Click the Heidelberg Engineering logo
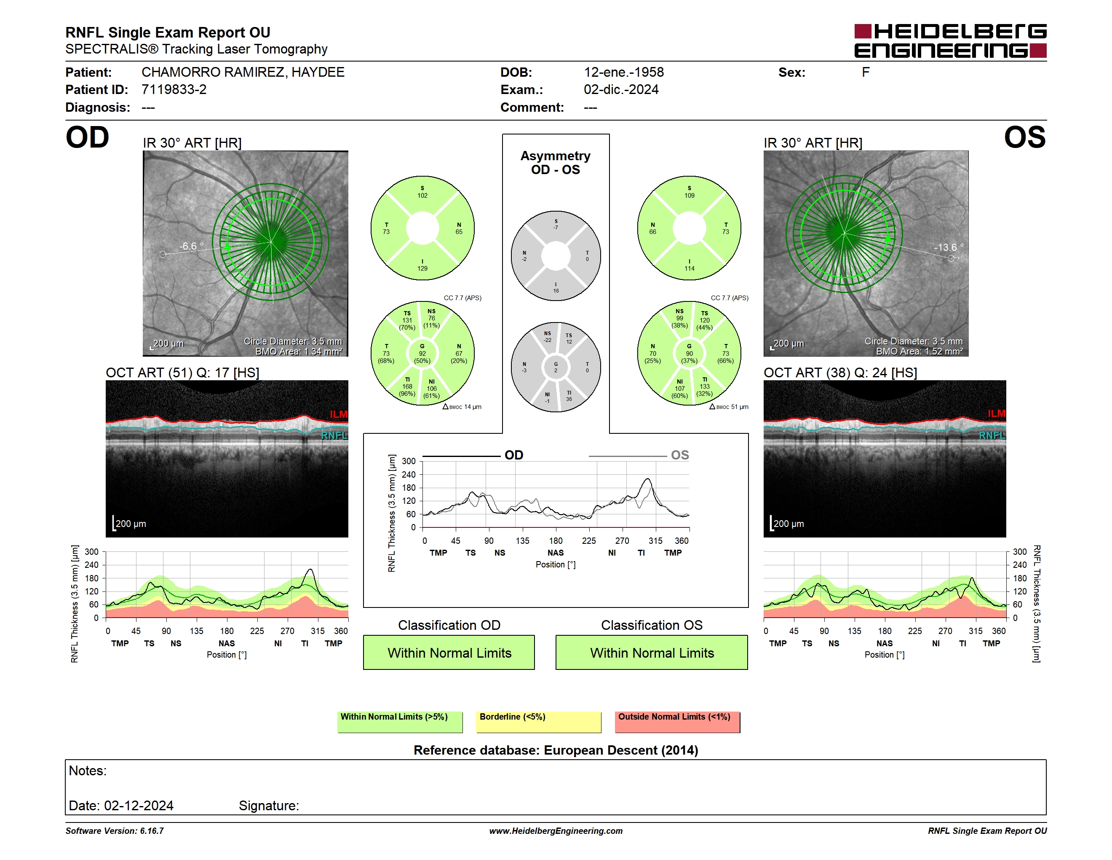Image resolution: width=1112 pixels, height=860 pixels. (x=950, y=41)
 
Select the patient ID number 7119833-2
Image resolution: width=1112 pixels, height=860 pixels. (x=174, y=90)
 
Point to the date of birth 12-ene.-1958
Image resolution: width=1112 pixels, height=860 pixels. (x=624, y=73)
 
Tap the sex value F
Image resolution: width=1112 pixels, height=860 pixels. (x=866, y=73)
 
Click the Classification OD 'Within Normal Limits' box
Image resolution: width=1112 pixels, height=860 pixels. (x=449, y=653)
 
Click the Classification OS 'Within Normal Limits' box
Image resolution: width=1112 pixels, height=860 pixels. (x=652, y=653)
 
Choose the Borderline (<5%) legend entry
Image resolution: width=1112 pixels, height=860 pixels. (x=539, y=722)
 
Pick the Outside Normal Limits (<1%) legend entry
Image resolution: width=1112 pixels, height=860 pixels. (x=678, y=722)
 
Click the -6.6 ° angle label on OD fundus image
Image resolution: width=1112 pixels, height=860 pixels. (x=191, y=246)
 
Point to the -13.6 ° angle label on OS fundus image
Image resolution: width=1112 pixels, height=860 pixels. (x=949, y=247)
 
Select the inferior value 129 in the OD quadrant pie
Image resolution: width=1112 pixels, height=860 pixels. (x=422, y=269)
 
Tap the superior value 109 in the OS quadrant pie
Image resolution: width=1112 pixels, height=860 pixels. (x=690, y=196)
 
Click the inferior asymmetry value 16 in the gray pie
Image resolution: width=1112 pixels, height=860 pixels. (x=556, y=291)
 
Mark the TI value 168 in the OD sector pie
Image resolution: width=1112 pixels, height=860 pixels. (x=407, y=387)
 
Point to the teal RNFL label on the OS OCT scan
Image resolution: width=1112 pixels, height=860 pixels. (x=992, y=435)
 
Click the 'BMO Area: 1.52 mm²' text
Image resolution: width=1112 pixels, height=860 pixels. (x=919, y=352)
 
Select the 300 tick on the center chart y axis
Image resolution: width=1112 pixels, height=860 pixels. (x=409, y=461)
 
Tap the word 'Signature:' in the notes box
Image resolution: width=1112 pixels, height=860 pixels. (x=269, y=806)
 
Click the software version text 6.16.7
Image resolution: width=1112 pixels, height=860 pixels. (x=152, y=831)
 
